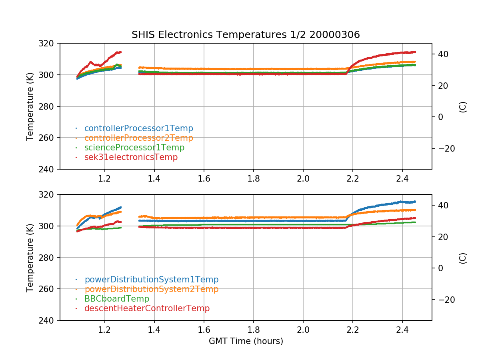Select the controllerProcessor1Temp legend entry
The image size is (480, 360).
coord(138,128)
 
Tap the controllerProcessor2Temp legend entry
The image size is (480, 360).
coord(138,138)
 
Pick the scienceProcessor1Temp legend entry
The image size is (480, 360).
coord(134,148)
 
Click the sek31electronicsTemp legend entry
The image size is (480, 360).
coord(131,157)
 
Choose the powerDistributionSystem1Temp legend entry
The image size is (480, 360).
coord(151,280)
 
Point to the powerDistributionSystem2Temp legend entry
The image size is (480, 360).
coord(151,289)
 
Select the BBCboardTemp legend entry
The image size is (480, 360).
coord(116,299)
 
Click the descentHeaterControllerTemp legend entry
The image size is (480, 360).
coord(147,308)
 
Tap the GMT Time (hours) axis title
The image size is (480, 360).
coord(246,341)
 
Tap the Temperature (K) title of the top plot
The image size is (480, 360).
coord(30,106)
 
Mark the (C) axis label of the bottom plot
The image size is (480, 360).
coord(463,258)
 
